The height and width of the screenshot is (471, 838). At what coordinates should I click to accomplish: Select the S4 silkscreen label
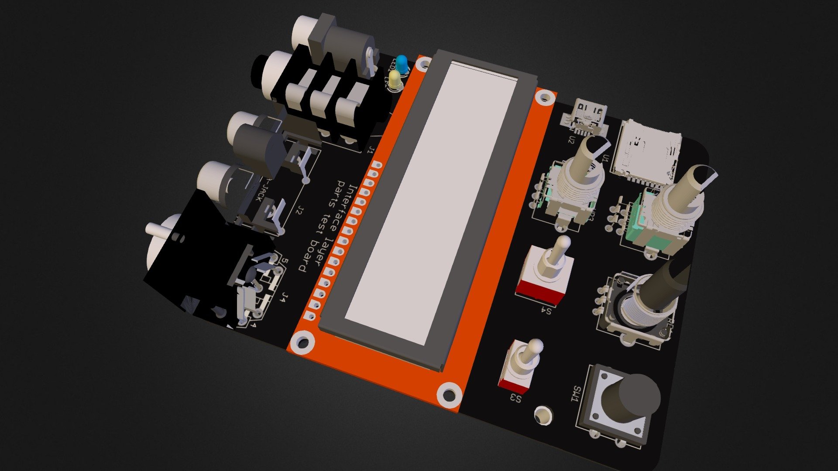[x=546, y=311]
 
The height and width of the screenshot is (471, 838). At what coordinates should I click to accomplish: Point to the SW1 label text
[x=576, y=395]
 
